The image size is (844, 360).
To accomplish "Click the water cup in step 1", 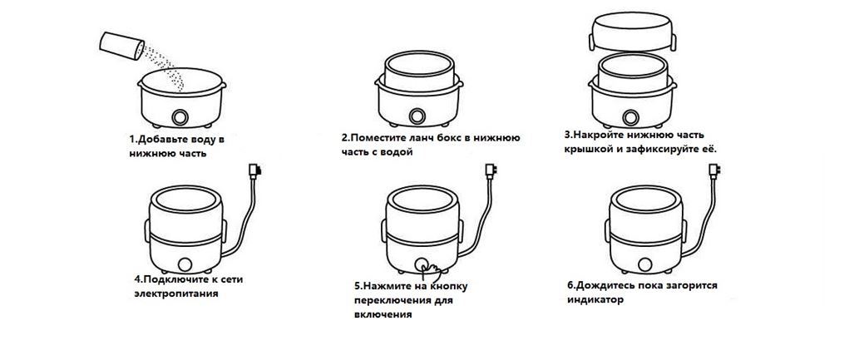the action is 122,46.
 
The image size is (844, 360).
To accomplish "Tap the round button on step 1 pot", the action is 180,116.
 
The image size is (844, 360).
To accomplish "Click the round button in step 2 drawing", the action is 416,116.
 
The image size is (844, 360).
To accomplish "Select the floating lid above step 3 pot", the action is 633,30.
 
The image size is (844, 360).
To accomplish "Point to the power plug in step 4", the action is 253,172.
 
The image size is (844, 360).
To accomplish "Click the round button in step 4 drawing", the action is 185,264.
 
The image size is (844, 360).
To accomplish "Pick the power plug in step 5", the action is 491,172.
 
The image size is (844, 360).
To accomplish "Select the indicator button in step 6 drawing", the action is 644,264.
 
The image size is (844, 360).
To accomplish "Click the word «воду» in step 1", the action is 196,140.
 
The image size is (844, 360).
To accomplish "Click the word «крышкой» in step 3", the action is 588,148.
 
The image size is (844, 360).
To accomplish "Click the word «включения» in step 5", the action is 383,313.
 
